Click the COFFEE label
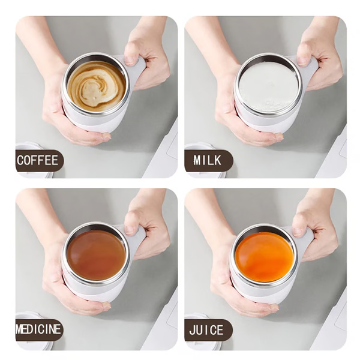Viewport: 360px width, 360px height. pyautogui.click(x=37, y=160)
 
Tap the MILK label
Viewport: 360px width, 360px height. pyautogui.click(x=207, y=160)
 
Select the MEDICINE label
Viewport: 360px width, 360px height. pyautogui.click(x=38, y=330)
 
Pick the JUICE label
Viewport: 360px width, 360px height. pyautogui.click(x=207, y=330)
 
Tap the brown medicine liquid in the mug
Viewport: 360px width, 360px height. pyautogui.click(x=96, y=254)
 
